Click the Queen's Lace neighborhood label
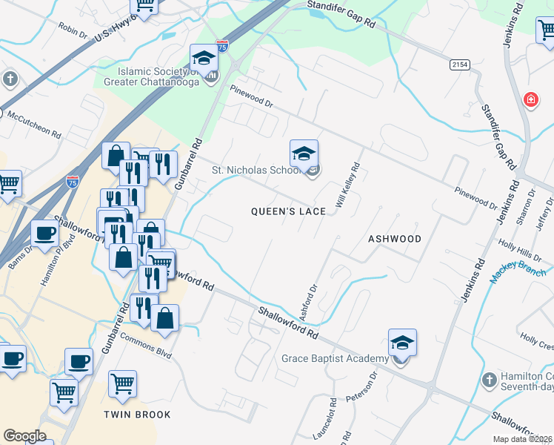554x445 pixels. (288, 211)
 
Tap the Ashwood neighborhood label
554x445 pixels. (394, 239)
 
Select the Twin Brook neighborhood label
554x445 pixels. (137, 415)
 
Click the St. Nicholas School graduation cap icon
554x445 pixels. (304, 154)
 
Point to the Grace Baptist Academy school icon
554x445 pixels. (402, 343)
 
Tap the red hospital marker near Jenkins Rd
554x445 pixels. (530, 99)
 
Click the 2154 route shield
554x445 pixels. (459, 65)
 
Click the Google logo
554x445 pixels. (24, 436)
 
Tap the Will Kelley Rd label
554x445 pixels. (347, 185)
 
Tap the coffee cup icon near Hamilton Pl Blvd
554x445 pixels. (44, 233)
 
